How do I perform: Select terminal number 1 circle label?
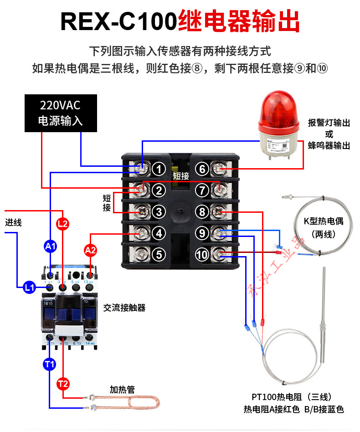pos(158,170)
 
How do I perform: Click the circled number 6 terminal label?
pos(203,170)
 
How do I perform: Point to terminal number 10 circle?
pos(202,254)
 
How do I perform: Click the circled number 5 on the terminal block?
pos(158,254)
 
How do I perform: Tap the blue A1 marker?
pos(50,247)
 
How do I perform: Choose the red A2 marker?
pos(90,250)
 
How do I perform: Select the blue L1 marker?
pos(29,288)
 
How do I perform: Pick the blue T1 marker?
pos(50,364)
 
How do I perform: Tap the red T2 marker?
pos(63,384)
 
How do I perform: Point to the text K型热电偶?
pos(323,222)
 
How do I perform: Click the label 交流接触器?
pos(124,308)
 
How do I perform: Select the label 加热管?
pos(122,390)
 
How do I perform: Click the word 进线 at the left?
pos(13,223)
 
